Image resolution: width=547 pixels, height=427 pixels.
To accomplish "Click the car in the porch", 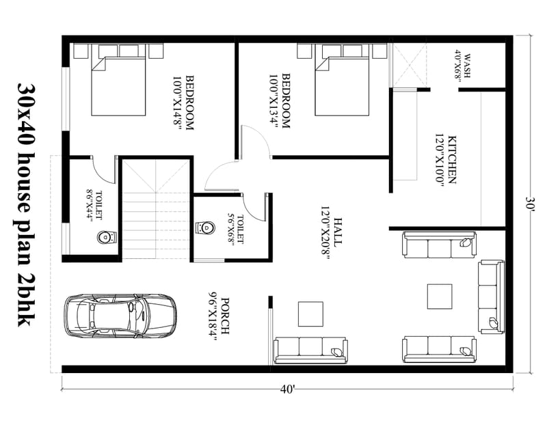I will (120, 315).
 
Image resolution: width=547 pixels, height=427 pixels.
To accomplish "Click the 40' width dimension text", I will (287, 389).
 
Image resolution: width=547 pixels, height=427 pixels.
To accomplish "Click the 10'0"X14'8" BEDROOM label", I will (185, 102).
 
